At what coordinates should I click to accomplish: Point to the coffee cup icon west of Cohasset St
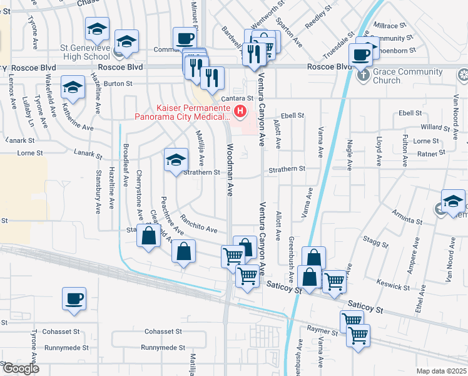point(74,298)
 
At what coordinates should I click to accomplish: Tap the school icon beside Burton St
point(73,88)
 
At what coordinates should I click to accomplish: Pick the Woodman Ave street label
point(230,171)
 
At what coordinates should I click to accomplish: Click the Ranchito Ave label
point(198,223)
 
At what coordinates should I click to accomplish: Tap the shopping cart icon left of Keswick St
point(335,281)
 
